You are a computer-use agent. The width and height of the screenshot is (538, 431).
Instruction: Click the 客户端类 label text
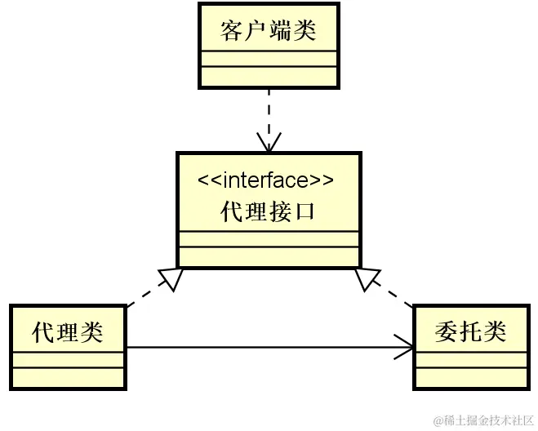pyautogui.click(x=268, y=32)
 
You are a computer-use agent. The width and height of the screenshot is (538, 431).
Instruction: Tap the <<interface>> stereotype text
pyautogui.click(x=268, y=180)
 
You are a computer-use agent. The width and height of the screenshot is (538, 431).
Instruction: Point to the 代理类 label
pyautogui.click(x=68, y=332)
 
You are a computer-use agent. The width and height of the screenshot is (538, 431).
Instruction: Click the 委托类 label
pyautogui.click(x=470, y=331)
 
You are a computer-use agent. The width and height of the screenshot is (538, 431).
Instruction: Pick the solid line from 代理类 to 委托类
pyautogui.click(x=261, y=349)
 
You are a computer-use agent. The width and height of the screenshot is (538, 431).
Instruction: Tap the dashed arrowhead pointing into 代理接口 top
pyautogui.click(x=268, y=144)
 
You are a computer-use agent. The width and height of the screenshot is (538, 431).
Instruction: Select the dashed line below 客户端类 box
pyautogui.click(x=268, y=110)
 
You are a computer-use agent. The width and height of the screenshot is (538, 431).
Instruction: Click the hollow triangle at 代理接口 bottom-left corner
pyautogui.click(x=171, y=278)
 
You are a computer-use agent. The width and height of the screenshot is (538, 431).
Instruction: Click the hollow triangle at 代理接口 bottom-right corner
pyautogui.click(x=367, y=278)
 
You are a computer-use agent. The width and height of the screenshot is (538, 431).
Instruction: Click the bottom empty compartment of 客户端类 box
pyautogui.click(x=268, y=76)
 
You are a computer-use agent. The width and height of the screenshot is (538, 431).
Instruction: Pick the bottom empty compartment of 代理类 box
pyautogui.click(x=68, y=377)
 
